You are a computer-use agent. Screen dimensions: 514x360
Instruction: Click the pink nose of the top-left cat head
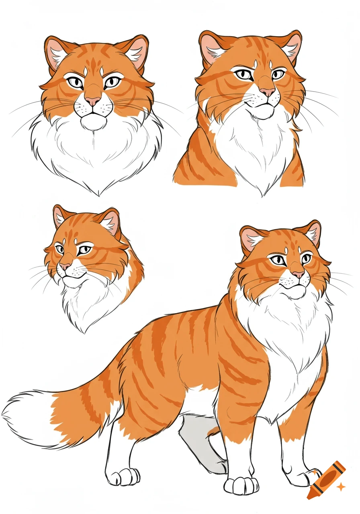point(93,101)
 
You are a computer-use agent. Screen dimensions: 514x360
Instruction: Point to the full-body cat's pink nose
point(298,274)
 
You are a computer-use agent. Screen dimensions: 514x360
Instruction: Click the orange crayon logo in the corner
point(326,479)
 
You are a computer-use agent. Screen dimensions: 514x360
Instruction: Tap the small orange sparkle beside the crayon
point(341,487)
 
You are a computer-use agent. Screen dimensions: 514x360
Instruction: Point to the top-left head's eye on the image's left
point(75,82)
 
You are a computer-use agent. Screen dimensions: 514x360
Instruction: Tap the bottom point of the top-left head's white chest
point(98,194)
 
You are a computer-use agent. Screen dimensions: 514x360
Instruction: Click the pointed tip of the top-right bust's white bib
point(263,195)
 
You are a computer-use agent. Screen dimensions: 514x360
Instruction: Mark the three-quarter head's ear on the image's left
point(60,217)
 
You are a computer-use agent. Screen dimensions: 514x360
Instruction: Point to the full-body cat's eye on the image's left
point(278,260)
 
